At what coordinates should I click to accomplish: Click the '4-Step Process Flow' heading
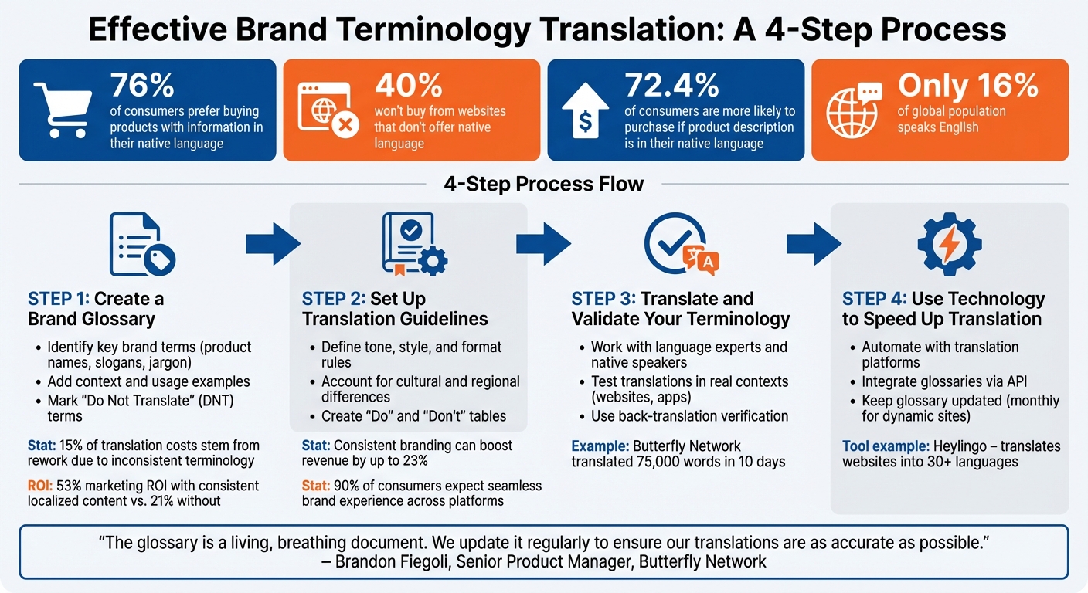tap(544, 185)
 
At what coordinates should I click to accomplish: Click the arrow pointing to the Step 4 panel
tap(814, 245)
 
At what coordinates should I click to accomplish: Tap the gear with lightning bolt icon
tap(950, 245)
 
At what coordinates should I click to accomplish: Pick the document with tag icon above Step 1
tap(141, 245)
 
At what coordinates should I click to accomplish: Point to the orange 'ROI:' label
tap(43, 486)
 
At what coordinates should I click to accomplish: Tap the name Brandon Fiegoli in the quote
tap(389, 561)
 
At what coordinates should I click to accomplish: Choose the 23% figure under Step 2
tap(414, 461)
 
